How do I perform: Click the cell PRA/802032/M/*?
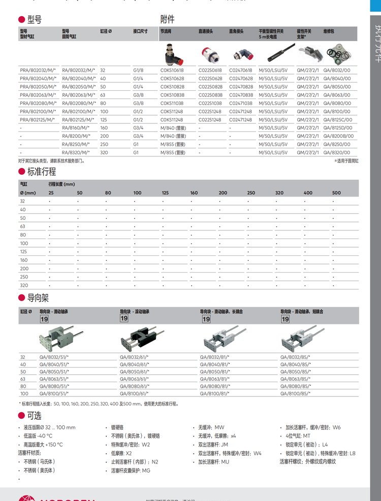pyautogui.click(x=37, y=71)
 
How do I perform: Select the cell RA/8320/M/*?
pyautogui.click(x=76, y=152)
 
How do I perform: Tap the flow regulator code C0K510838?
pyautogui.click(x=172, y=95)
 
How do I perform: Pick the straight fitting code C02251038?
pyautogui.click(x=210, y=103)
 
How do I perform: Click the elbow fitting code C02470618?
pyautogui.click(x=241, y=71)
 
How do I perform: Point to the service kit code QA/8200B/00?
pyautogui.click(x=338, y=136)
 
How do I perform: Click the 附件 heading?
pyautogui.click(x=167, y=19)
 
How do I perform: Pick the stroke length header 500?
pyautogui.click(x=336, y=193)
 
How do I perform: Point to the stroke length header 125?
pyautogui.click(x=165, y=193)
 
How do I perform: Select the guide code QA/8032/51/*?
pyautogui.click(x=54, y=357)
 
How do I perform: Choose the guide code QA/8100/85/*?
pyautogui.click(x=295, y=393)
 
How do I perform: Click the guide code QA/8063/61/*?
pyautogui.click(x=134, y=379)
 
